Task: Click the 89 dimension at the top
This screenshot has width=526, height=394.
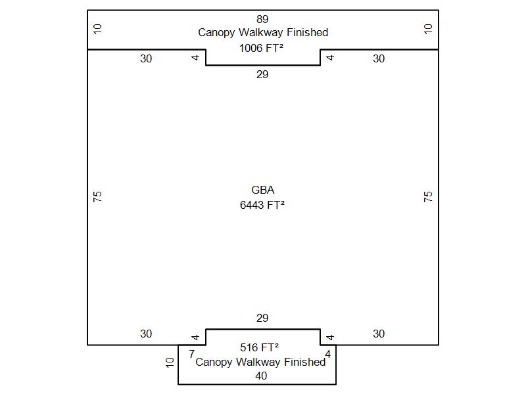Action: (262, 19)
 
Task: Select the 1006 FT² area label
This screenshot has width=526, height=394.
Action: (262, 47)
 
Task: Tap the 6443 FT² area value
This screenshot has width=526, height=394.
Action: (262, 205)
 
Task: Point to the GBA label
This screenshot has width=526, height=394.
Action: (262, 190)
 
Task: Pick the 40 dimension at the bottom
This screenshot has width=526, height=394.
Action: (261, 376)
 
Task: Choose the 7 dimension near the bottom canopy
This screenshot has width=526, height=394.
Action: (191, 355)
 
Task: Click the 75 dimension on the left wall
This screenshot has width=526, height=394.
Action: (98, 196)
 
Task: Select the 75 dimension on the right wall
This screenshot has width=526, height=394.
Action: (428, 196)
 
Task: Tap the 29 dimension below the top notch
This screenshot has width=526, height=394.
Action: (262, 75)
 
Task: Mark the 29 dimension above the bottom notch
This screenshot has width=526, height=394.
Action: (262, 318)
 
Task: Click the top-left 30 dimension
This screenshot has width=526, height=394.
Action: (146, 59)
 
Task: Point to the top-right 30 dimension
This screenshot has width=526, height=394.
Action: (379, 59)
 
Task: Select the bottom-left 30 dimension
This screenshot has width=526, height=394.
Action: (146, 334)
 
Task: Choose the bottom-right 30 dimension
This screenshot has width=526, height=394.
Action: (379, 334)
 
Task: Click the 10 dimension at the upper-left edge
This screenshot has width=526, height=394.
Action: (98, 29)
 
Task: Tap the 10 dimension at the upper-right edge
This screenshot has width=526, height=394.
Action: (428, 29)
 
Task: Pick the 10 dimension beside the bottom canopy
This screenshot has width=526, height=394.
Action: (170, 362)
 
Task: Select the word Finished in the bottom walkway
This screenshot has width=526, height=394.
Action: (304, 362)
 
